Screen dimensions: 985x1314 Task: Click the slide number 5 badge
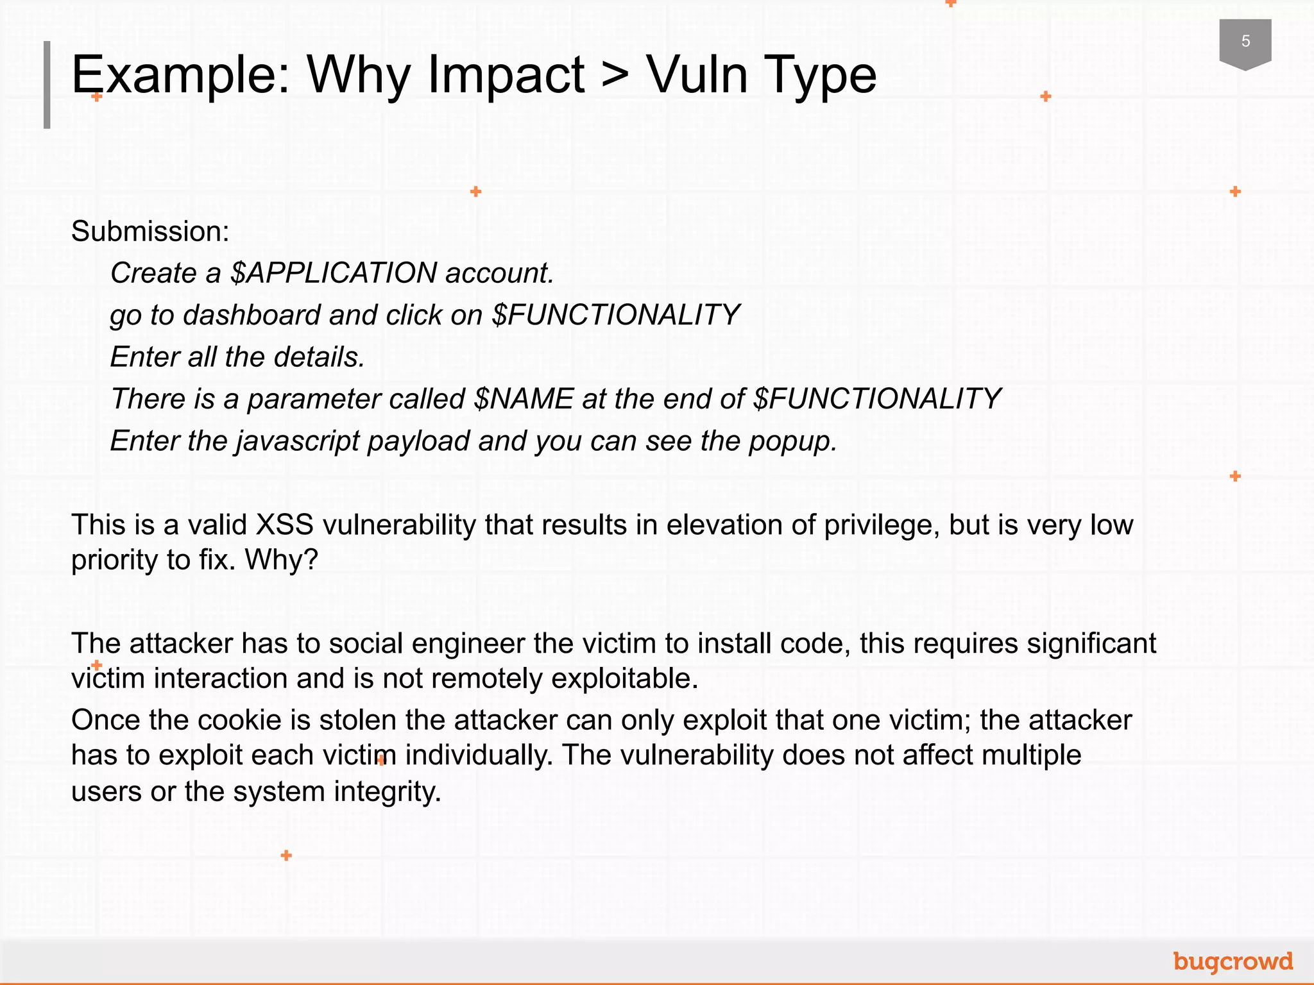click(1245, 42)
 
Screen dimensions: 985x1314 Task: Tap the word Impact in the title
click(506, 75)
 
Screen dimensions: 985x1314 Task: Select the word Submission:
click(150, 232)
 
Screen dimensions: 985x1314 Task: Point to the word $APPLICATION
click(334, 273)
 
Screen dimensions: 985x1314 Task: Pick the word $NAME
click(524, 400)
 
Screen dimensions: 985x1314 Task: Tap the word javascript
click(298, 442)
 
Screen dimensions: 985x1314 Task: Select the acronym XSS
click(284, 525)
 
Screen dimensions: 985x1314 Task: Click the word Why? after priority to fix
click(282, 560)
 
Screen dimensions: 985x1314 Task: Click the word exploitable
click(624, 678)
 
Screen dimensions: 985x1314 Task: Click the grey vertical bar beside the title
click(47, 85)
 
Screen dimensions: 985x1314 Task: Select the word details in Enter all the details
click(319, 357)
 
